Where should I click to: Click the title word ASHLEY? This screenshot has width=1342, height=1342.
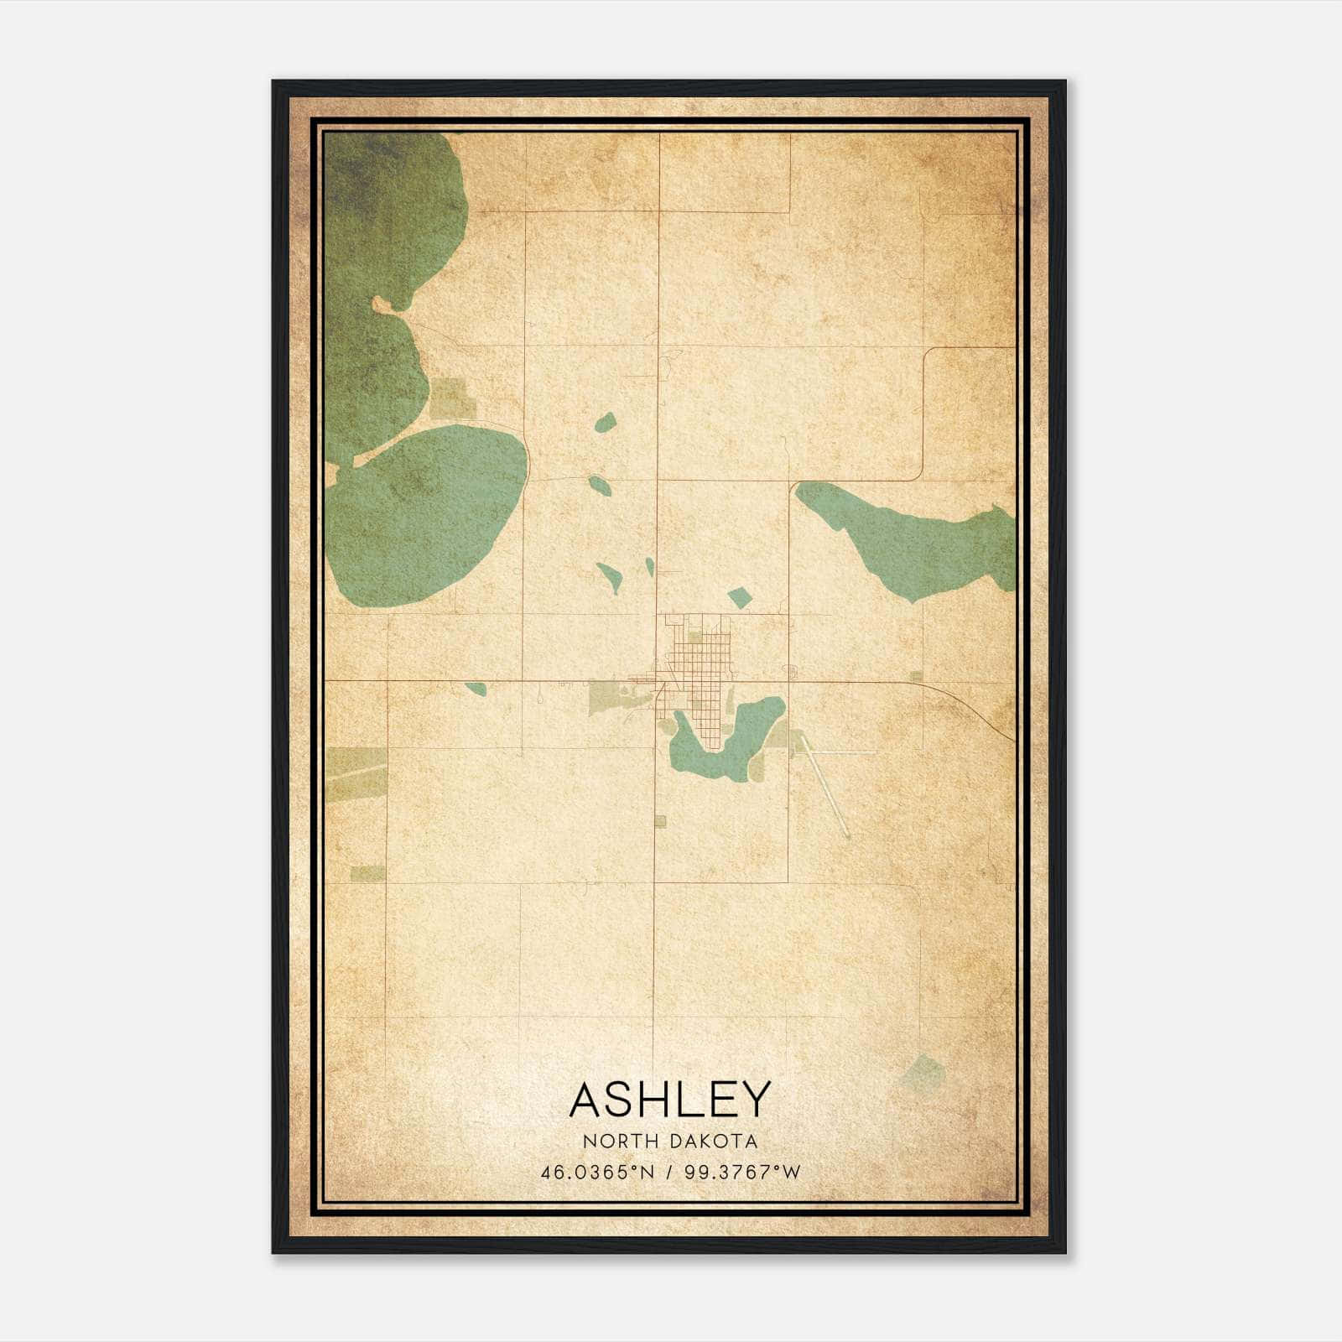point(669,1100)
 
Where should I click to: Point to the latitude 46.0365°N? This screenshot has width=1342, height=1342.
point(597,1172)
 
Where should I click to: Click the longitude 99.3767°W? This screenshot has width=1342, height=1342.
point(742,1172)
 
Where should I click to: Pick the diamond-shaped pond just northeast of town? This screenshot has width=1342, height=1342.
point(739,598)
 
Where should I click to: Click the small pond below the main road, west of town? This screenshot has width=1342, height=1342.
point(476,689)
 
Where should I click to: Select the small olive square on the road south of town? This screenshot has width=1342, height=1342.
point(661,821)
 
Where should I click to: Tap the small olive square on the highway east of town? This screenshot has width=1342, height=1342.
point(917,676)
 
